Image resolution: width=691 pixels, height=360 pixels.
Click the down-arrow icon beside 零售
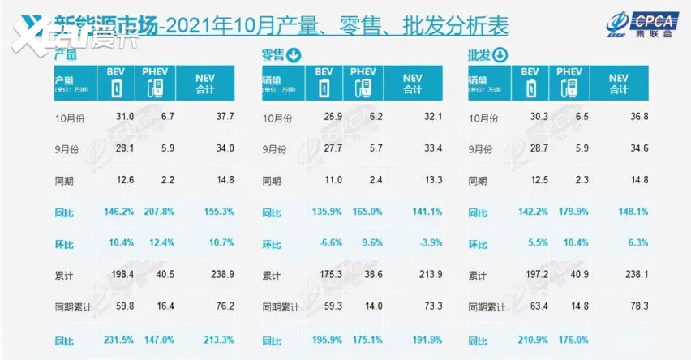(293, 56)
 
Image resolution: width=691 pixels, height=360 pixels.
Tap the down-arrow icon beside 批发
(500, 56)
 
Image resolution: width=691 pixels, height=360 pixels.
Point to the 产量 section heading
(66, 56)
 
